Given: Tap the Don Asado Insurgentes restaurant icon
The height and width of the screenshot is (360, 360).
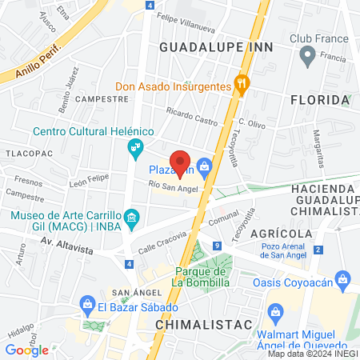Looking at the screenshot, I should pyautogui.click(x=239, y=83).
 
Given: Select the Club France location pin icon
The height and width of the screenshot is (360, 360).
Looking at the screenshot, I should pyautogui.click(x=306, y=56).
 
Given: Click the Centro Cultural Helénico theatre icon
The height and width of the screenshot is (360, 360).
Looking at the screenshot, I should pyautogui.click(x=135, y=148).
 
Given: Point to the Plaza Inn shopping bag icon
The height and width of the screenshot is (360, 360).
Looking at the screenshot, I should pyautogui.click(x=206, y=166).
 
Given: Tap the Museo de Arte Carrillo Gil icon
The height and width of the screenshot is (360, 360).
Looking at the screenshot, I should pyautogui.click(x=133, y=217).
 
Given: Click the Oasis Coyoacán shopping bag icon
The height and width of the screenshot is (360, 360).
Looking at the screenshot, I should pyautogui.click(x=344, y=280).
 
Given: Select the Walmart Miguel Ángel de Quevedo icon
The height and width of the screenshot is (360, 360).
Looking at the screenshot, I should pyautogui.click(x=277, y=310).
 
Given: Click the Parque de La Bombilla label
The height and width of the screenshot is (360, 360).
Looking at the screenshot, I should pyautogui.click(x=202, y=276).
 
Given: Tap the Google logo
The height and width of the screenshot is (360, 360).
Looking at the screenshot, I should pyautogui.click(x=26, y=350).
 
